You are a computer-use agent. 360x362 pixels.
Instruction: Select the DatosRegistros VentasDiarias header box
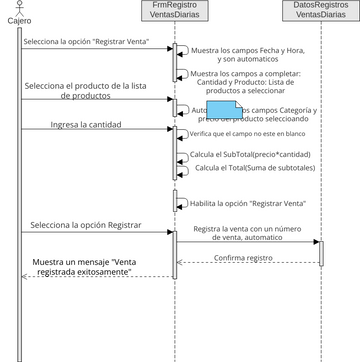pos(322,12)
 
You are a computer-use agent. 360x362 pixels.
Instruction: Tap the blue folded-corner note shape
pos(225,113)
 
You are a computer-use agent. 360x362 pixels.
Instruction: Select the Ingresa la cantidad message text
pos(87,125)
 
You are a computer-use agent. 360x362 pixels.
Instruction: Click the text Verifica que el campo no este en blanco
pos(246,134)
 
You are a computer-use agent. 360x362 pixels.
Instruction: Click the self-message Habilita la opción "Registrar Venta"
pos(234,203)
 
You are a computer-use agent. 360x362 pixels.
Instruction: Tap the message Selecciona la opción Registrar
pos(86,226)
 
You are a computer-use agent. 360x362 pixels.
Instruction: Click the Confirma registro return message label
pos(243,257)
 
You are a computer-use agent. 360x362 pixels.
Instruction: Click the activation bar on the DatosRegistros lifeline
pos(321,252)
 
